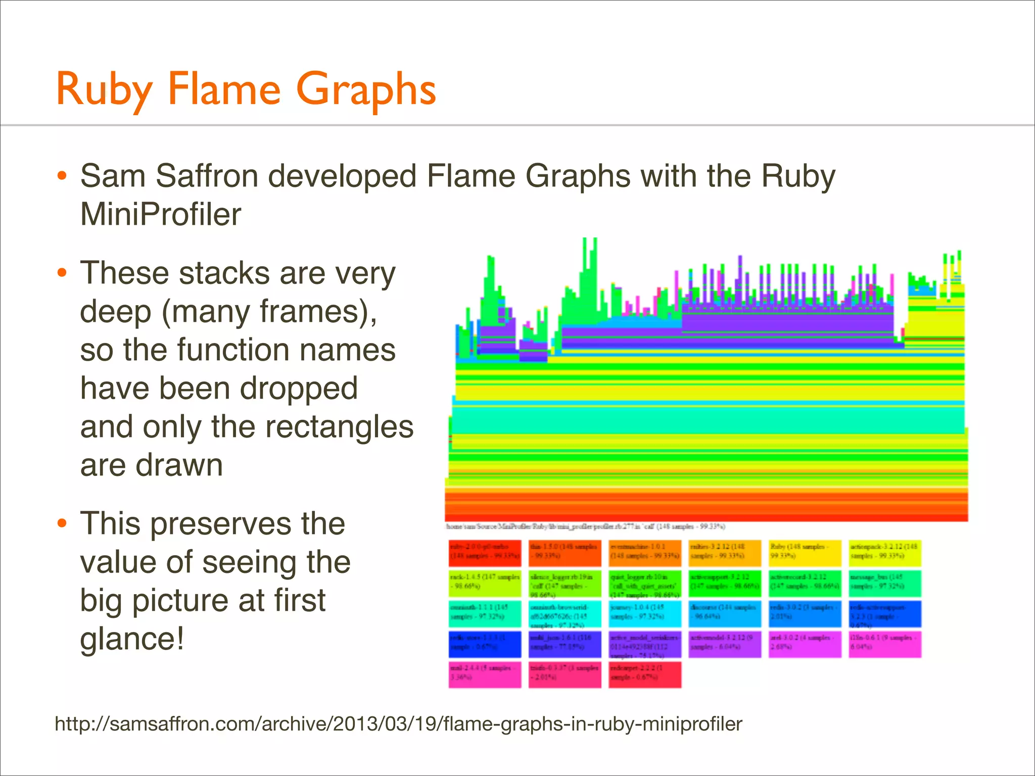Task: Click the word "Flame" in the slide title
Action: (223, 89)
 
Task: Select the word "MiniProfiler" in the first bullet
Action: (161, 215)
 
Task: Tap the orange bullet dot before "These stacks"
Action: (62, 273)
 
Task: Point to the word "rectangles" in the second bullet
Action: (339, 427)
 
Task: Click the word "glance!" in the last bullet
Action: (132, 639)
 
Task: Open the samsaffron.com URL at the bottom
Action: (398, 724)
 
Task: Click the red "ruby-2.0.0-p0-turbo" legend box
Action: (485, 553)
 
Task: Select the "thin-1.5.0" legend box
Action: (565, 553)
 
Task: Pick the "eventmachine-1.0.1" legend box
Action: (645, 553)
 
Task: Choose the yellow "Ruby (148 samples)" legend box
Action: (805, 553)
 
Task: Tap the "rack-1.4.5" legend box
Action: (485, 583)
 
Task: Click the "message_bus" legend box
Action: (885, 583)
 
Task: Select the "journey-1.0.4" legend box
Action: (645, 613)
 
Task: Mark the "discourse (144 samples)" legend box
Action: (725, 613)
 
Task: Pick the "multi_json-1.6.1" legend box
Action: (565, 644)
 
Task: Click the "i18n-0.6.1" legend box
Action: (885, 644)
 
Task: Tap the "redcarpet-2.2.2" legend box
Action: (645, 674)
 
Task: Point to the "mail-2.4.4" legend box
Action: (485, 674)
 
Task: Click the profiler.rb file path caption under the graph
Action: (585, 527)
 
